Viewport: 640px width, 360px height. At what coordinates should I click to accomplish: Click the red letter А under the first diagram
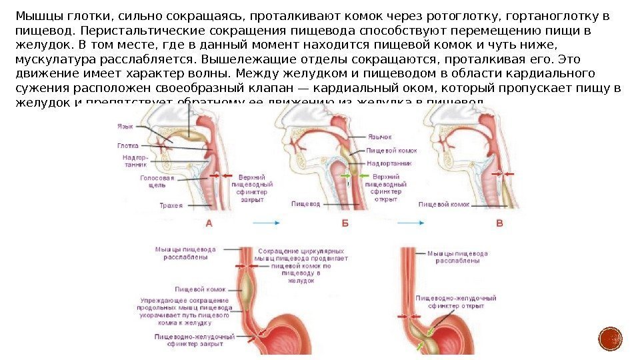[x=209, y=224]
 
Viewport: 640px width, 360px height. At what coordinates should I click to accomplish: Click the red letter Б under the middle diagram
[x=345, y=224]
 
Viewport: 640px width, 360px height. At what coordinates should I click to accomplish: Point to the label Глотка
[x=128, y=145]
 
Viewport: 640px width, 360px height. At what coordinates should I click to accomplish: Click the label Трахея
[x=171, y=206]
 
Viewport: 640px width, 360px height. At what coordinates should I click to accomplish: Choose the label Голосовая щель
[x=157, y=183]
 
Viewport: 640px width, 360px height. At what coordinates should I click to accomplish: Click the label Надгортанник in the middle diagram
[x=388, y=163]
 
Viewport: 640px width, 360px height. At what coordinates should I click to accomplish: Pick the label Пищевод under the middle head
[x=306, y=203]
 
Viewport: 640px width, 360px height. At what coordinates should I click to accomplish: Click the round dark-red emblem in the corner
[x=609, y=339]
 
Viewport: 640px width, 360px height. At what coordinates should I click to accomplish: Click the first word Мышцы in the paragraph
[x=35, y=16]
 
